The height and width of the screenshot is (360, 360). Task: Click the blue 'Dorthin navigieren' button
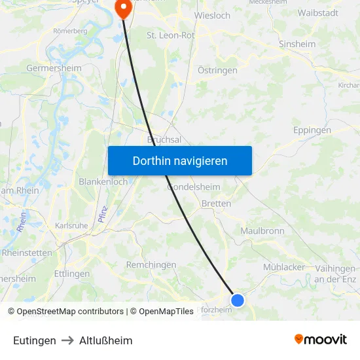[x=180, y=160]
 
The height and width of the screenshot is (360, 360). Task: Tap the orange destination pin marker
[x=123, y=7]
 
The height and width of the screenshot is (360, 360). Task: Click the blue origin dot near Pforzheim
[x=238, y=300]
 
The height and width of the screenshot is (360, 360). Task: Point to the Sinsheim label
[x=297, y=45]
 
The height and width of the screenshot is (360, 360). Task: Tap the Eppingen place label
[x=312, y=130]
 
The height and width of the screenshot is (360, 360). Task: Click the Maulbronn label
[x=262, y=231]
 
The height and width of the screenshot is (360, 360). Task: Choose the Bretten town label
[x=216, y=204]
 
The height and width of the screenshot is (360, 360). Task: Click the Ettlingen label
[x=72, y=274]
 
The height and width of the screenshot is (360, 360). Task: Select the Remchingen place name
[x=151, y=265]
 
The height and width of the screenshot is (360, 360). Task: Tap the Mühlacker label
[x=284, y=267]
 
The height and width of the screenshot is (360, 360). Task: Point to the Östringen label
[x=217, y=70]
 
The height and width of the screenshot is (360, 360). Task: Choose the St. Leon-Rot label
[x=171, y=35]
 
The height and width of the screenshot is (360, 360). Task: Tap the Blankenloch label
[x=103, y=182]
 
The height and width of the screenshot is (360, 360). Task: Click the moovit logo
[x=320, y=339]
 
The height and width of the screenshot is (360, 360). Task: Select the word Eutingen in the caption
[x=34, y=340]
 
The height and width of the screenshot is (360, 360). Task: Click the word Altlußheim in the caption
[x=105, y=340]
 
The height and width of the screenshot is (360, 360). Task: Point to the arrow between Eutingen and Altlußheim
[x=67, y=340]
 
